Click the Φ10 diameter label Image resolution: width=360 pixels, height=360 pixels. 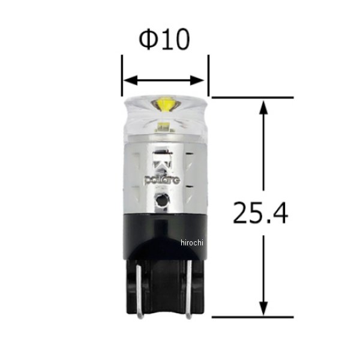point(164,40)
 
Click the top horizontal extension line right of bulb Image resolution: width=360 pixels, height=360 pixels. point(252,97)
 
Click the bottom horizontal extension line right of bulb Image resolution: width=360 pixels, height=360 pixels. point(252,316)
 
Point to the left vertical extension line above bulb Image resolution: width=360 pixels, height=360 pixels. point(122,72)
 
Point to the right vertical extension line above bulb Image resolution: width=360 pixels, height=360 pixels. point(208,72)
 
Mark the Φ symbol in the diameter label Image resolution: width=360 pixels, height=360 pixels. point(148,40)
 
